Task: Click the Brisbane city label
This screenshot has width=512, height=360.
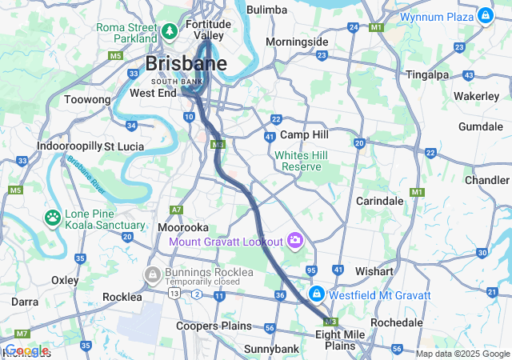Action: pyautogui.click(x=186, y=63)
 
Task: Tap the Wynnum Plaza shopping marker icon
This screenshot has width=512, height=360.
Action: pyautogui.click(x=485, y=15)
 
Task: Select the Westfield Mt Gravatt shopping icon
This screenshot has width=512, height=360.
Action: pyautogui.click(x=317, y=294)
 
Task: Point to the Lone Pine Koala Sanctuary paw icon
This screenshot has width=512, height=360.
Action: pyautogui.click(x=53, y=217)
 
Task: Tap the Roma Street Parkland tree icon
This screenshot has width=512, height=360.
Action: pyautogui.click(x=170, y=31)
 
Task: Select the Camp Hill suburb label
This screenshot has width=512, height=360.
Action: pyautogui.click(x=304, y=134)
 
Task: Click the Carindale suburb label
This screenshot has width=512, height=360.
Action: pyautogui.click(x=379, y=200)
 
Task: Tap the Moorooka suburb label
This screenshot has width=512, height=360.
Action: pyautogui.click(x=184, y=227)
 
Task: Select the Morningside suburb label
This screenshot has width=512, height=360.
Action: pyautogui.click(x=297, y=42)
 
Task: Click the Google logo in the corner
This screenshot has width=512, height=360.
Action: pyautogui.click(x=26, y=350)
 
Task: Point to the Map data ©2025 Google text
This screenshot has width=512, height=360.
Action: pyautogui.click(x=462, y=354)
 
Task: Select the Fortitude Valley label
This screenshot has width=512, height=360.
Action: pyautogui.click(x=208, y=30)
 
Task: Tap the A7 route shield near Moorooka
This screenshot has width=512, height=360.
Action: pyautogui.click(x=176, y=210)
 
